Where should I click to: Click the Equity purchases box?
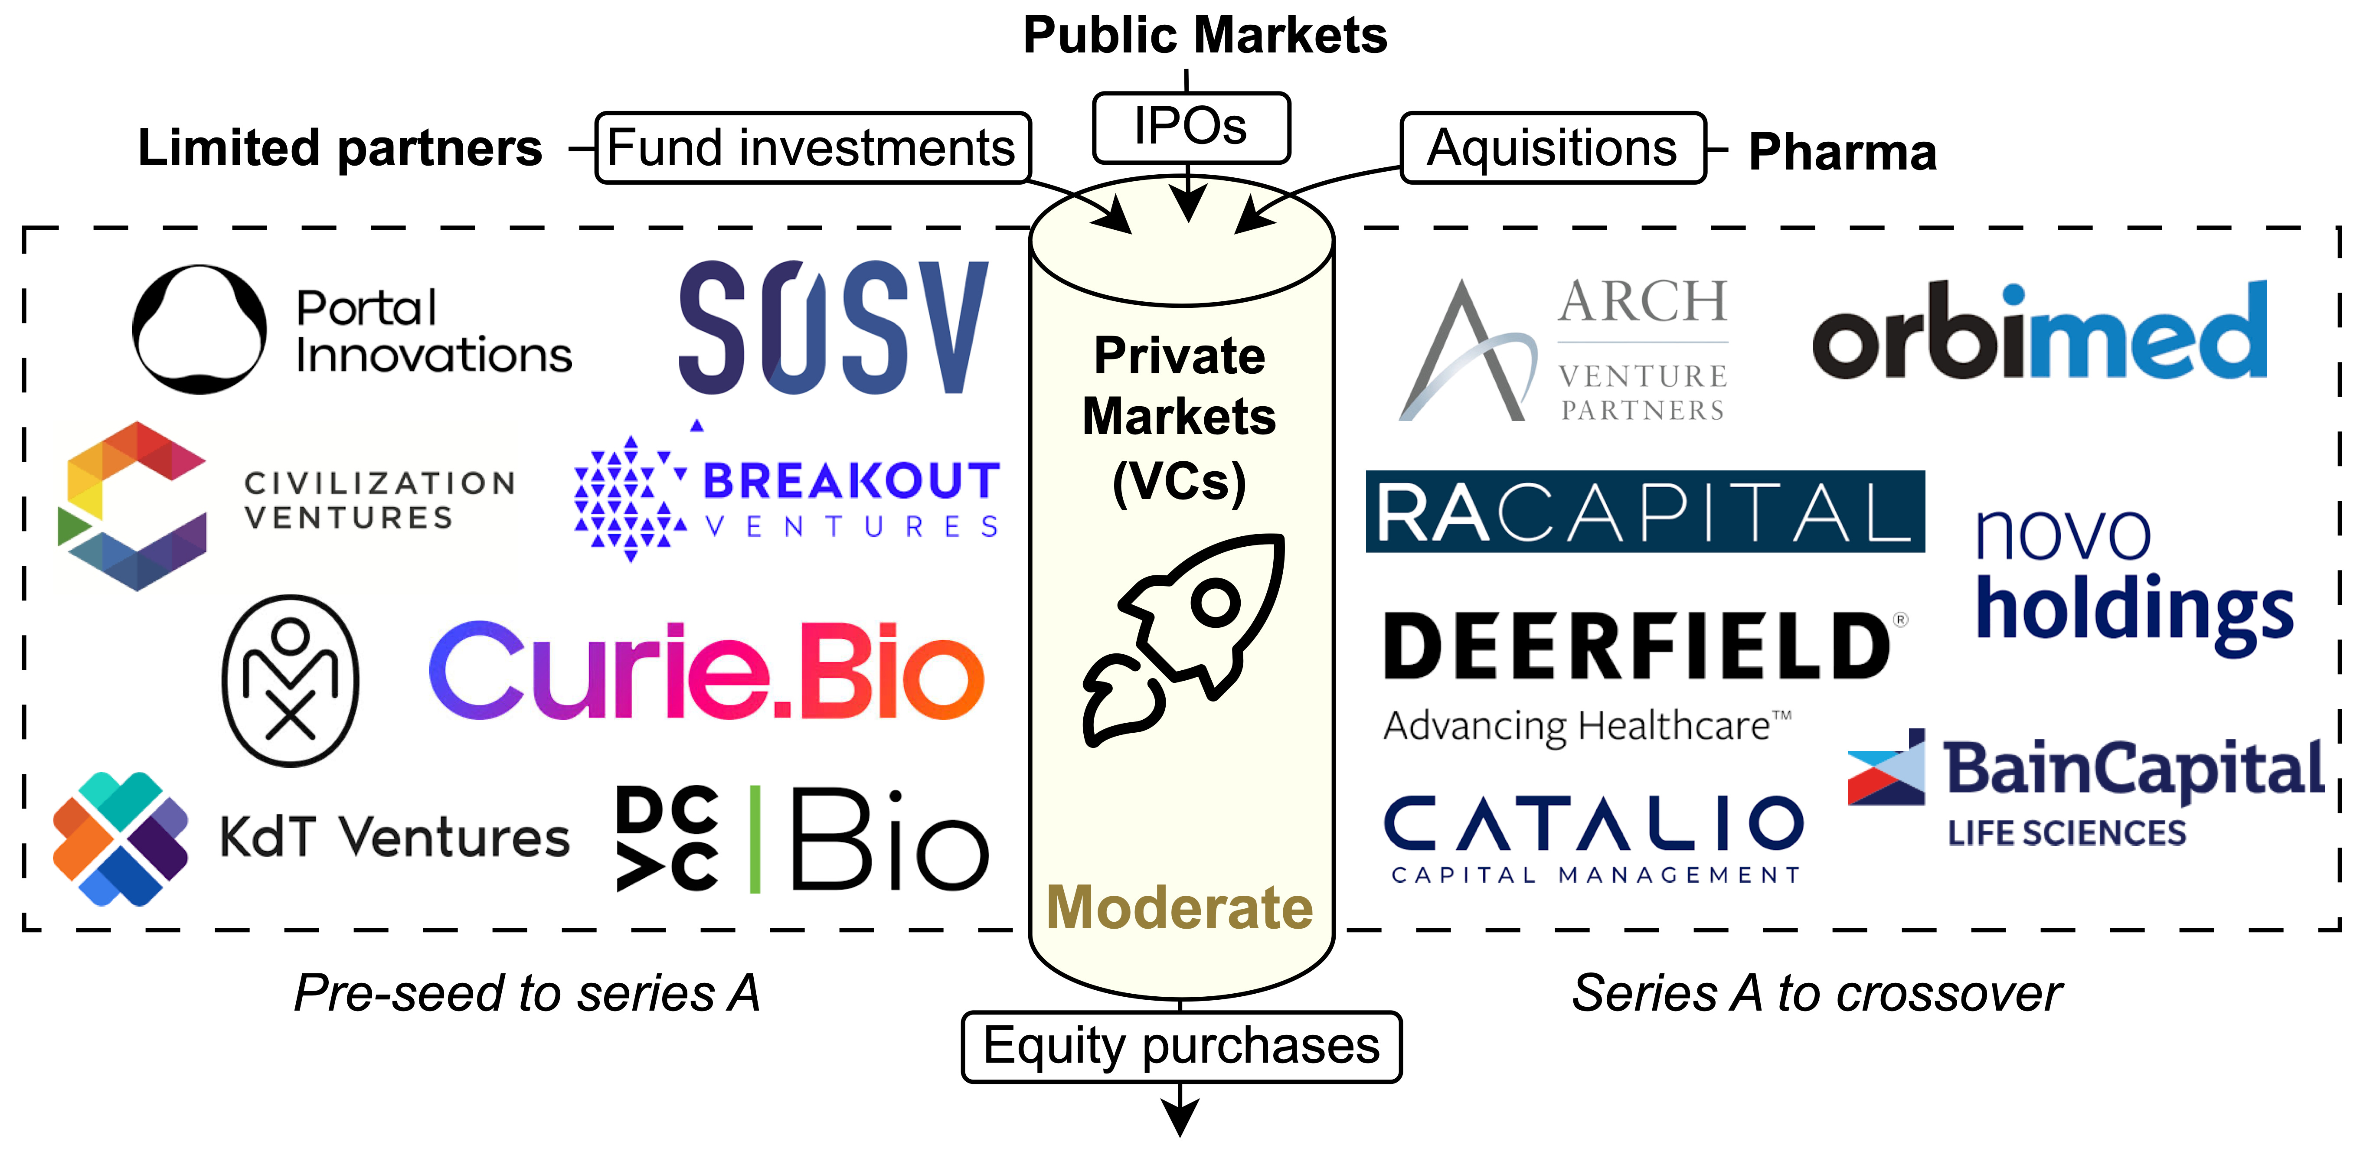click(1181, 1046)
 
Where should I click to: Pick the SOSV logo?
click(834, 328)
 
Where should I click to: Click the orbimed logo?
click(2040, 332)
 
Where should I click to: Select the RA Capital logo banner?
click(1644, 511)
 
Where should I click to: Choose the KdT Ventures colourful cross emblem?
click(120, 838)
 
